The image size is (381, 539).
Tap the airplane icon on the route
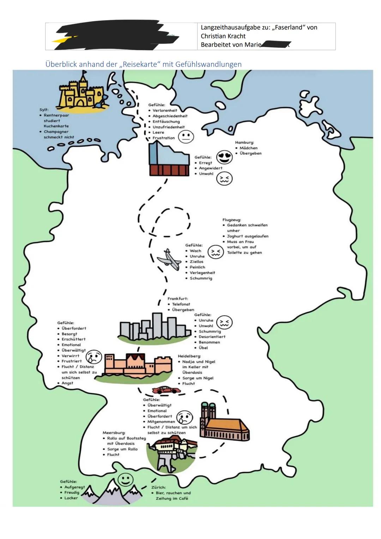(x=169, y=259)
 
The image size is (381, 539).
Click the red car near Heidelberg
(x=166, y=390)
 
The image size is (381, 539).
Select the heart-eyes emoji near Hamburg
(x=225, y=157)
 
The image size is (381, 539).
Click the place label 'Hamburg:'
(x=244, y=143)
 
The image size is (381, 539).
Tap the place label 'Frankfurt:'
(x=177, y=299)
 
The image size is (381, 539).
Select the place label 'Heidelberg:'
(x=189, y=356)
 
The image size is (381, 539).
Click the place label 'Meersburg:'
(x=114, y=432)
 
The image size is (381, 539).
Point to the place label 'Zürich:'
(x=158, y=487)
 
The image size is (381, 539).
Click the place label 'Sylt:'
(x=44, y=110)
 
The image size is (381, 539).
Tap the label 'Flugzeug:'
(x=232, y=220)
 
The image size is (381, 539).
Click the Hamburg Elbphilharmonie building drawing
(x=168, y=161)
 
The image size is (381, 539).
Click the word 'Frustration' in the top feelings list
(x=164, y=138)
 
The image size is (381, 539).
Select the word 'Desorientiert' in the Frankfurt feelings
(x=212, y=337)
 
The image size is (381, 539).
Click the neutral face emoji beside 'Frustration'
(x=186, y=136)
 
